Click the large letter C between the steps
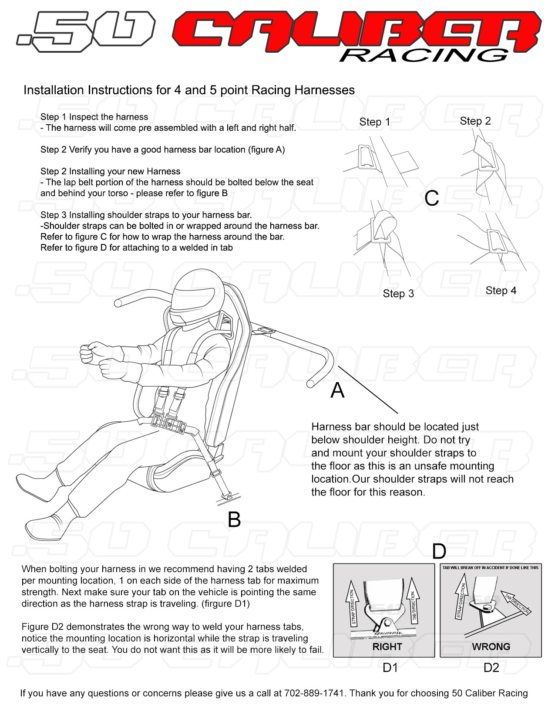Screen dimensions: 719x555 pos(431,199)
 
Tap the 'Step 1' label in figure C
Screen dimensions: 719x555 pos(374,122)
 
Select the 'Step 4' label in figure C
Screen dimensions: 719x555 pos(501,291)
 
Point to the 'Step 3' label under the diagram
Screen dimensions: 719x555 pos(398,294)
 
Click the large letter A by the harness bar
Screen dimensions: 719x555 pos(337,390)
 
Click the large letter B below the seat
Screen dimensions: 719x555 pos(234,519)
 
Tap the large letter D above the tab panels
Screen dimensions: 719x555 pos(439,552)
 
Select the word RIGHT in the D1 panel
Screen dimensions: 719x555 pos(387,647)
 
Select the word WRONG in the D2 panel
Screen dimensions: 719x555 pos(491,647)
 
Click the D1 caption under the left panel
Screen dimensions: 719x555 pos(390,668)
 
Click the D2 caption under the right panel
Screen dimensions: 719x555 pos(491,668)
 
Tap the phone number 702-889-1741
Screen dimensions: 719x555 pos(314,693)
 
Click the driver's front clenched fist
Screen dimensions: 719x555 pos(91,351)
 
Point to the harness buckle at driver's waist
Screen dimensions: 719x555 pos(168,422)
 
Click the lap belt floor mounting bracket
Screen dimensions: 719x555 pos(228,496)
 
